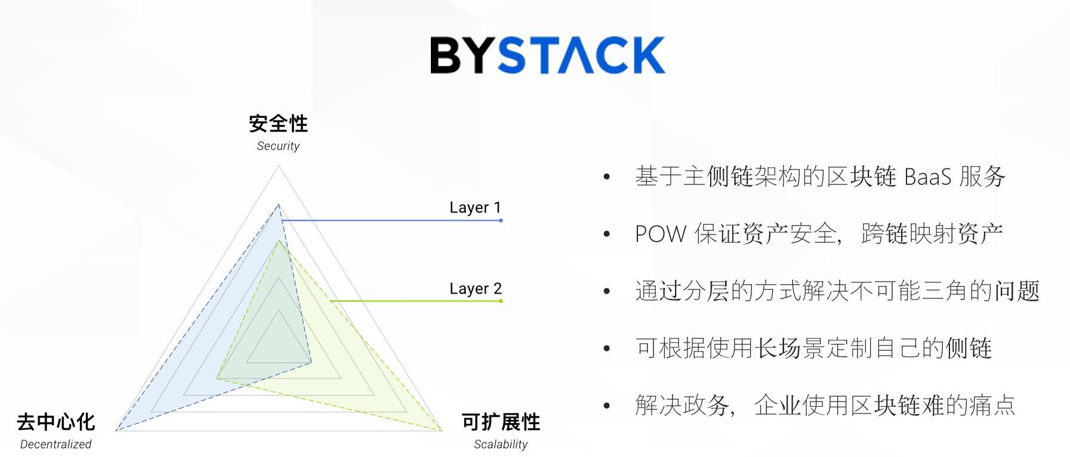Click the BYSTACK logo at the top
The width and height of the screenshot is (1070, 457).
coord(547,55)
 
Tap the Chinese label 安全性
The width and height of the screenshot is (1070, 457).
coord(278,123)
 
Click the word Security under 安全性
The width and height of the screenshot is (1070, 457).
coord(278,146)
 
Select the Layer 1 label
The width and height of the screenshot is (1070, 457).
coord(475,208)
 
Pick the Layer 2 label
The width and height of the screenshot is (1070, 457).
coord(475,289)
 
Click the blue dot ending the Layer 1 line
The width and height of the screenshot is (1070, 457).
coord(501,221)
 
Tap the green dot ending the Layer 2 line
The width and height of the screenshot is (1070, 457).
coord(501,301)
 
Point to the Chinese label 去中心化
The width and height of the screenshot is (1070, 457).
coord(55,422)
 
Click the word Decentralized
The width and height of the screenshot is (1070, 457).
coord(55,444)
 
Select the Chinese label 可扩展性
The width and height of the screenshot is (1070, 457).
coord(501,422)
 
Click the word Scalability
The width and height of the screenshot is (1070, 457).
coord(501,444)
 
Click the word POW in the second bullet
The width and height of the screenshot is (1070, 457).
coord(660,234)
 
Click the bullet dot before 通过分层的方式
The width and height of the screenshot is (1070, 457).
coord(607,292)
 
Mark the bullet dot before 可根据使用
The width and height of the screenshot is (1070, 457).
coord(607,348)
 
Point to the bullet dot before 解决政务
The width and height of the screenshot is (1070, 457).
coord(607,406)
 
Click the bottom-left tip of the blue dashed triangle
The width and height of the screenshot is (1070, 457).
coord(117,430)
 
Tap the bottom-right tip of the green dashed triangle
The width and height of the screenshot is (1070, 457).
coord(440,430)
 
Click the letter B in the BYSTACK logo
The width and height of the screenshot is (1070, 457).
coord(445,55)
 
